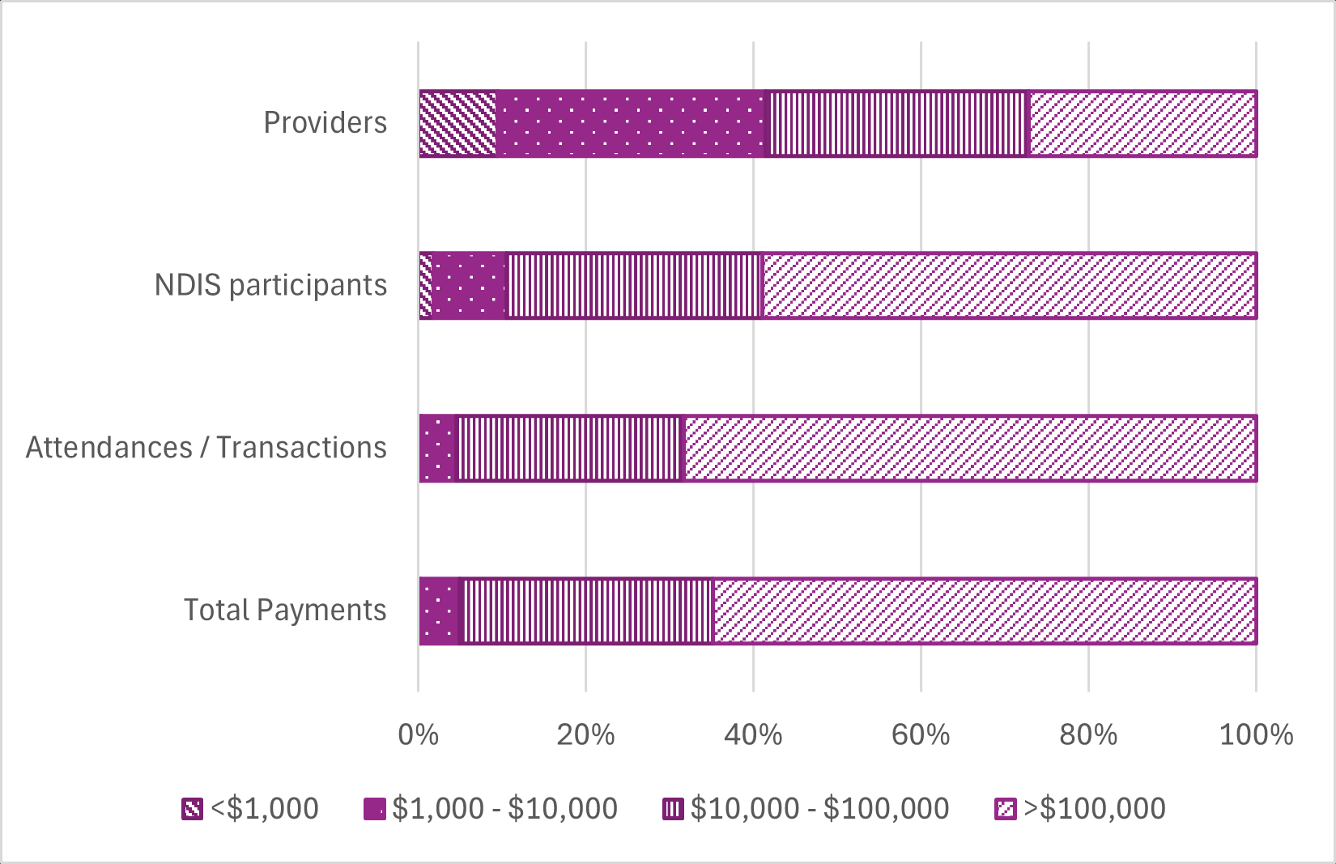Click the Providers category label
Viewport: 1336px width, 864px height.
[x=325, y=123]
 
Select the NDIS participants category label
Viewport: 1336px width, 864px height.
[x=270, y=285]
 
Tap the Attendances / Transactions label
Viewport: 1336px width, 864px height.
[x=206, y=448]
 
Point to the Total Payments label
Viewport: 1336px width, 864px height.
[x=285, y=611]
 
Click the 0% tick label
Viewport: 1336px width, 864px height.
[x=419, y=734]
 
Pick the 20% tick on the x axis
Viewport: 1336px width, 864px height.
[x=585, y=734]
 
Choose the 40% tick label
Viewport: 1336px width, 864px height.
[x=753, y=734]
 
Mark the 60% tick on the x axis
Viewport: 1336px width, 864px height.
[x=921, y=734]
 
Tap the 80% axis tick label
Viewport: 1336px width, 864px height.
[x=1088, y=734]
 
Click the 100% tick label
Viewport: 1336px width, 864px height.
[x=1256, y=734]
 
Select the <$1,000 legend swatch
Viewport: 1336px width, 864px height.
[x=193, y=809]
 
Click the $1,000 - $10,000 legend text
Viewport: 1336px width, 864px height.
[x=504, y=809]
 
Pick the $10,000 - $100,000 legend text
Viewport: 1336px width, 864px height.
[x=819, y=809]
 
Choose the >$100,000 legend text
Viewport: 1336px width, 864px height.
[x=1095, y=809]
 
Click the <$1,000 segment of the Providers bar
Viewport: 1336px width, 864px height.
[x=457, y=123]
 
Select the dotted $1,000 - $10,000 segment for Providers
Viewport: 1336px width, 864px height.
[x=630, y=123]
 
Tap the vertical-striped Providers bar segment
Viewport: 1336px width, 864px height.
[x=896, y=123]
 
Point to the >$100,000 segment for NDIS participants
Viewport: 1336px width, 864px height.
[x=1010, y=286]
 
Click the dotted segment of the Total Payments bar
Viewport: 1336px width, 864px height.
[x=439, y=611]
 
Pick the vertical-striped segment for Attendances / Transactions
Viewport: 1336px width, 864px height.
[x=571, y=449]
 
